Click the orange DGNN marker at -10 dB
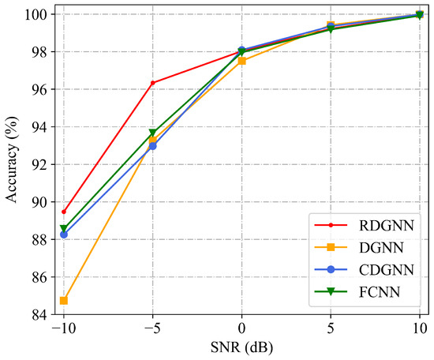[x=63, y=300]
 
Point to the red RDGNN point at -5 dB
[x=152, y=83]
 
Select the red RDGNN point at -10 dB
[x=63, y=212]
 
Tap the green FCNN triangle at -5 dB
[x=152, y=133]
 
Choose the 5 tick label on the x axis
[x=331, y=328]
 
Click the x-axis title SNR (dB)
[x=241, y=347]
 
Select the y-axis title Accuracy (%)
[x=12, y=164]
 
